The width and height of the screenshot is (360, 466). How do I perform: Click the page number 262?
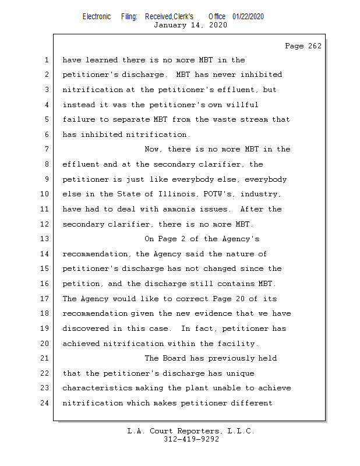pos(314,46)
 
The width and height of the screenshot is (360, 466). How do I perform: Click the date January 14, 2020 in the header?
pos(190,25)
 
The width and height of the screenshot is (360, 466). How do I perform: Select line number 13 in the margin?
pos(46,239)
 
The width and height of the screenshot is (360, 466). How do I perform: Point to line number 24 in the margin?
pos(46,403)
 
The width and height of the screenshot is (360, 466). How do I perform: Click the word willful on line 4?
pos(242,105)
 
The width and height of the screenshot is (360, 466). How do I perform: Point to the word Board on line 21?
pos(178,358)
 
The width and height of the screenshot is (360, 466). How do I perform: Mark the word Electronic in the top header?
pos(97,16)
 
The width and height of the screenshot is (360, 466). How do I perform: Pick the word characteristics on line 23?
pos(97,388)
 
